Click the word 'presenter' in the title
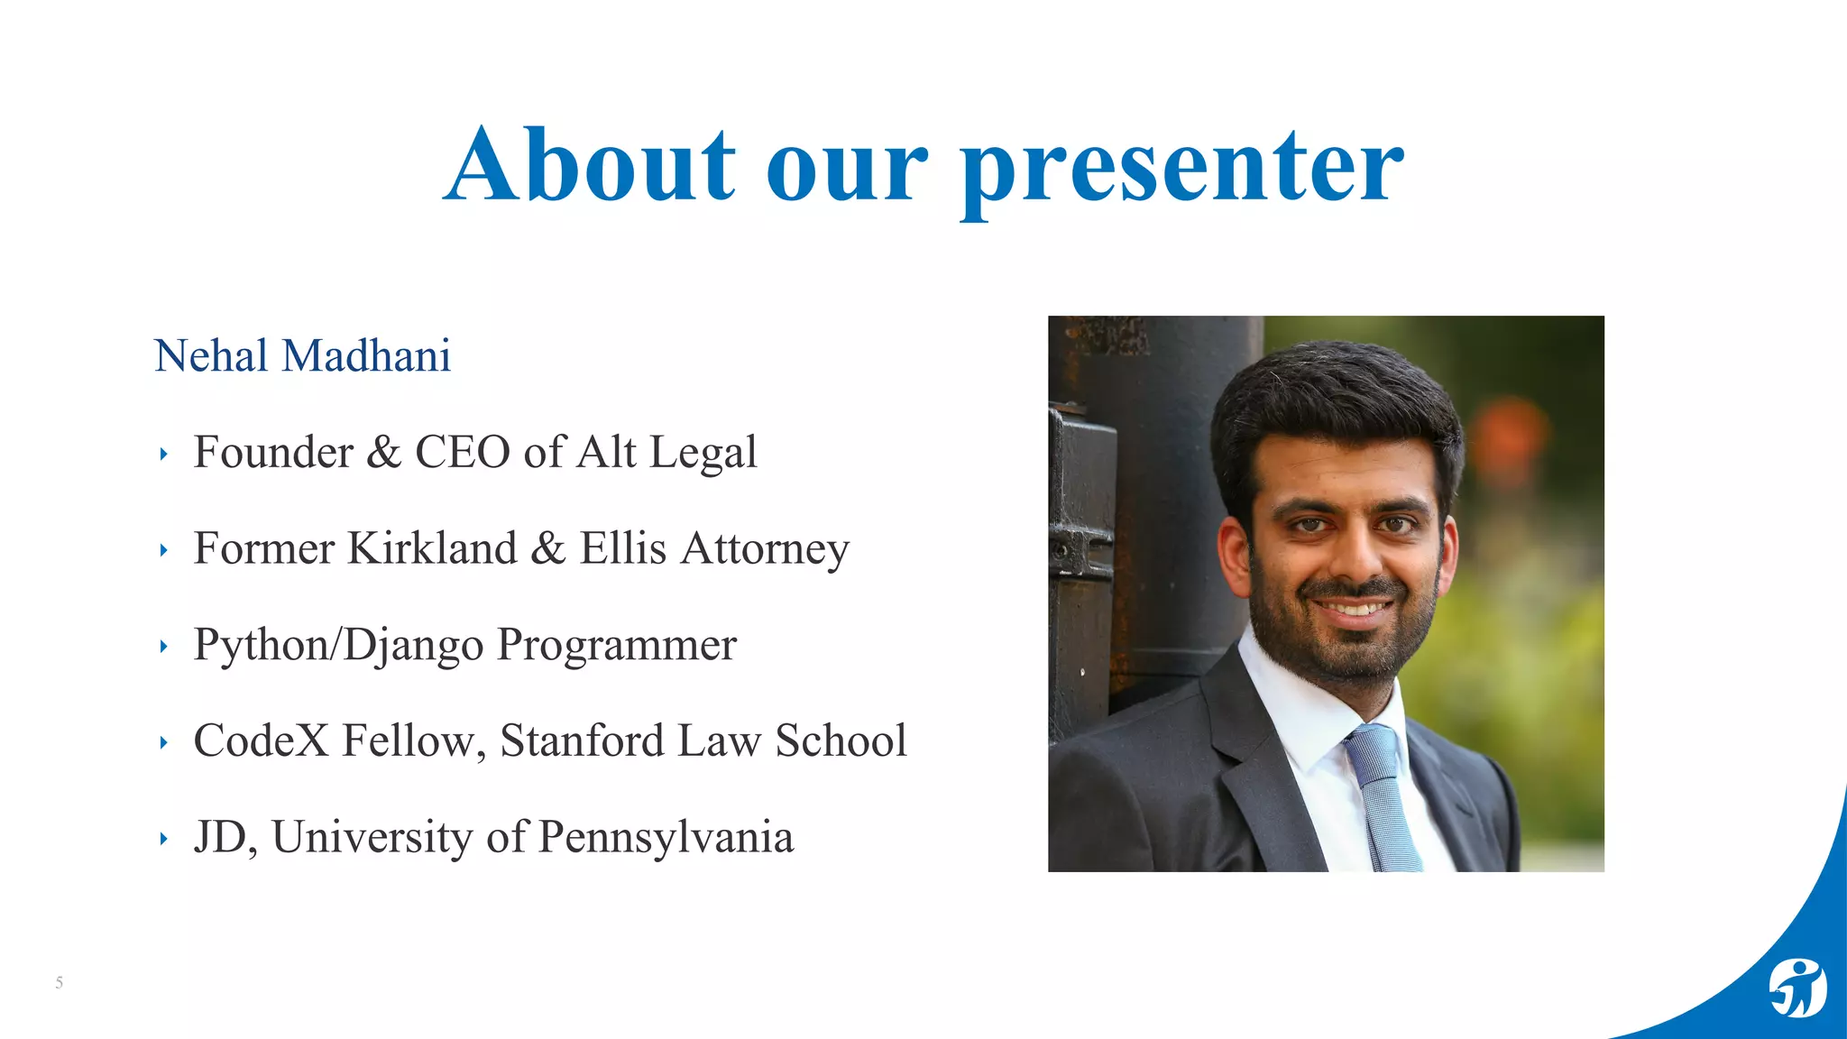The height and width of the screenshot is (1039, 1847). tap(1181, 167)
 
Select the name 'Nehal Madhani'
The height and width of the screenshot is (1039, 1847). tap(302, 355)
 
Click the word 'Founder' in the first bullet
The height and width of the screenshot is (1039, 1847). tap(273, 452)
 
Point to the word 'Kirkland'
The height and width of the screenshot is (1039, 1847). tap(432, 548)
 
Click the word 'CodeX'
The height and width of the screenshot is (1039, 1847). tap(261, 740)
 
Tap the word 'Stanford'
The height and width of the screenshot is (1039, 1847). tap(582, 740)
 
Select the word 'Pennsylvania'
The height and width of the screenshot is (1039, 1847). tap(666, 838)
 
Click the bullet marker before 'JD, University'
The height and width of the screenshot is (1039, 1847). tap(163, 840)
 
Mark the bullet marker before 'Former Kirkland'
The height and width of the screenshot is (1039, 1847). tap(163, 550)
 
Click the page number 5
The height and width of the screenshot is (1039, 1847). tap(60, 982)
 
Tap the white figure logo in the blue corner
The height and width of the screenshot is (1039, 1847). tap(1796, 988)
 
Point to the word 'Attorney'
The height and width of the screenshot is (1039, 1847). tap(765, 548)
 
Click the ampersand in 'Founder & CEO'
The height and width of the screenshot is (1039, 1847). tap(383, 452)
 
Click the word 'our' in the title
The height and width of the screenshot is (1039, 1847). tap(847, 167)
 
